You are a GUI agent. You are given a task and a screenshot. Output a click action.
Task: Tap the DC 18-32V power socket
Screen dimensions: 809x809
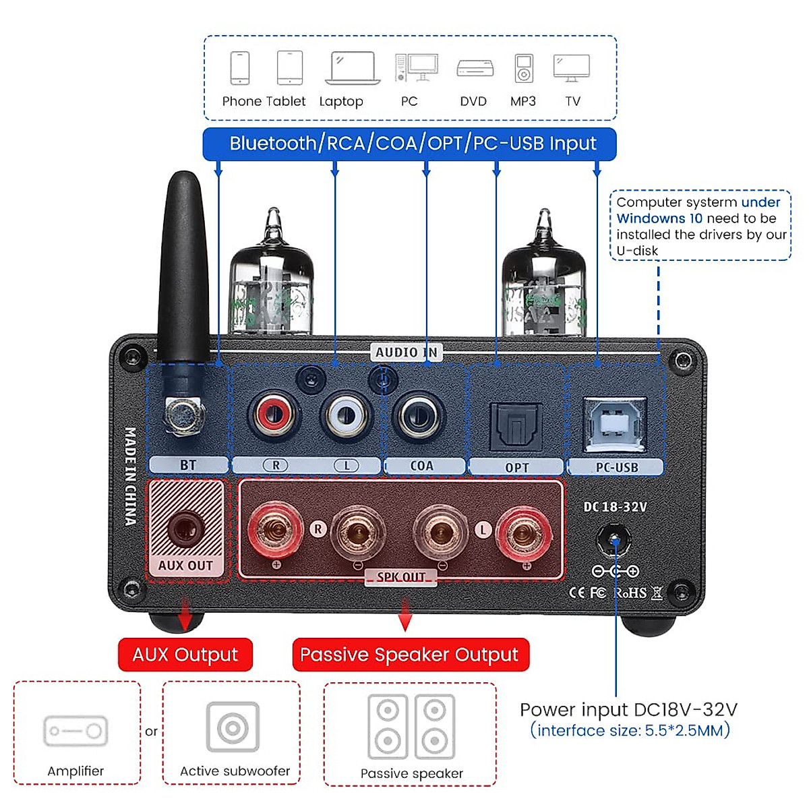614,541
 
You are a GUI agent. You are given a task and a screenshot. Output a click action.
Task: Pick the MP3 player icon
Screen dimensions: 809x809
524,68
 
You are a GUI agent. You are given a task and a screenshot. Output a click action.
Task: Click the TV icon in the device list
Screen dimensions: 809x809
572,68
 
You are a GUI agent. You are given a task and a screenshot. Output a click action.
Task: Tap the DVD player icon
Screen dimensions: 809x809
475,68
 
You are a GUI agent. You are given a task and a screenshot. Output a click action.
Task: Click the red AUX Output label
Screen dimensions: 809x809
185,655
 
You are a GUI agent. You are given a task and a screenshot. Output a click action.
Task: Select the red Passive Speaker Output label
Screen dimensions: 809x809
410,655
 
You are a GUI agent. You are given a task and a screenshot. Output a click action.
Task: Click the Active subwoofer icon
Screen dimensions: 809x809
233,727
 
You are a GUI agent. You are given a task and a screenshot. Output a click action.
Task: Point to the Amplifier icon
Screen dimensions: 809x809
76,731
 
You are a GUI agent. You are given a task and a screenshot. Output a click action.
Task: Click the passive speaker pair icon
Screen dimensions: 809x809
411,727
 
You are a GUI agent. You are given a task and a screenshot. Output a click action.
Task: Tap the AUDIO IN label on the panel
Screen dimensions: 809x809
407,352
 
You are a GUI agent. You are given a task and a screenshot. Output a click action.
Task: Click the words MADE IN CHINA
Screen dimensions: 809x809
130,476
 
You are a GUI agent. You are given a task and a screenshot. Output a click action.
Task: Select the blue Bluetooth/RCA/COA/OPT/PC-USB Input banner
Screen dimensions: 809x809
410,144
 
